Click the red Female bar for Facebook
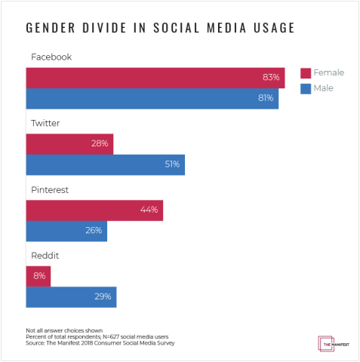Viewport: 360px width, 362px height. (155, 78)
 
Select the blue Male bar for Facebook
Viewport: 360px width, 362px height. (152, 99)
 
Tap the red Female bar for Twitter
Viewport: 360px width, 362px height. (69, 143)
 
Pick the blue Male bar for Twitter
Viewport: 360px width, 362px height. (105, 164)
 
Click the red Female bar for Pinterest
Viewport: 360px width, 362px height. (94, 210)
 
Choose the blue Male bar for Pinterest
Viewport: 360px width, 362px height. (66, 231)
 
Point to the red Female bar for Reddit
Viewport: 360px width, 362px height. (38, 276)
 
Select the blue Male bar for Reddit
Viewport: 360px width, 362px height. (71, 297)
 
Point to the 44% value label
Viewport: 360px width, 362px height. (149, 210)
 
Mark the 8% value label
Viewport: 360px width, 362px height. (40, 276)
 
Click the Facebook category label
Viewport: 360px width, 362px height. (51, 57)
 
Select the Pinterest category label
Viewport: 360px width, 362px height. (49, 190)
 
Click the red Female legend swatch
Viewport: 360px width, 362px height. (306, 73)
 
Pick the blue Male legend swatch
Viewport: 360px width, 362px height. (306, 89)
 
